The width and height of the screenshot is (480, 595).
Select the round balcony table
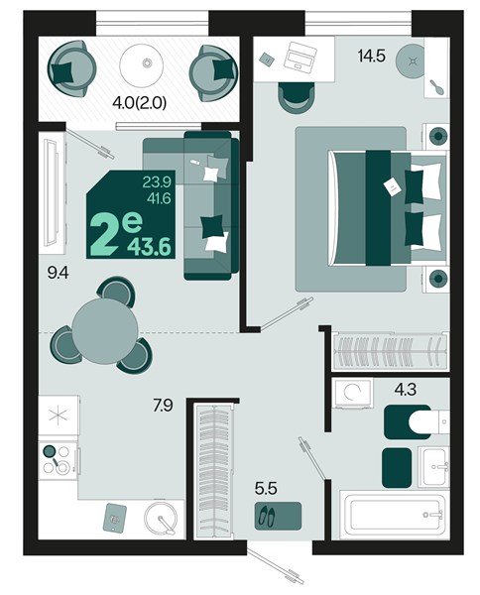coord(146,64)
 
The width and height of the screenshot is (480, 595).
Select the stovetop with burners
coord(58,459)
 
